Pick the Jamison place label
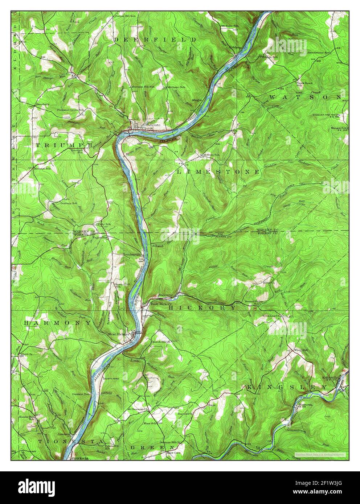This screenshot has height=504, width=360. [64, 433]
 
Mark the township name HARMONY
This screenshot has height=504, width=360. [58, 322]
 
